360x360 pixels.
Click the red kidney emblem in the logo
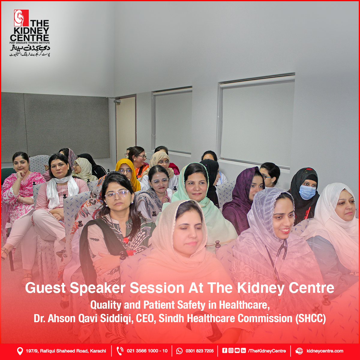21,18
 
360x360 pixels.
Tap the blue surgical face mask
307,192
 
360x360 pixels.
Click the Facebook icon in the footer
224,350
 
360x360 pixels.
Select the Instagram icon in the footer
231,350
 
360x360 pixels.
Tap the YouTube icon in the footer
237,350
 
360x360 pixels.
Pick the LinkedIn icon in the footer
243,350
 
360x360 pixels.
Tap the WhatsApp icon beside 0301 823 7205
179,351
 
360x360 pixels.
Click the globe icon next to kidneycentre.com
299,351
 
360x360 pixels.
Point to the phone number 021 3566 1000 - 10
147,351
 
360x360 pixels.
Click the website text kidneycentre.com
325,351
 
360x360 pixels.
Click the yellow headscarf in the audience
129,174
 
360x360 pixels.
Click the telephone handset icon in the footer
120,351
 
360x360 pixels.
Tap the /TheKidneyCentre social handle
267,351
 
